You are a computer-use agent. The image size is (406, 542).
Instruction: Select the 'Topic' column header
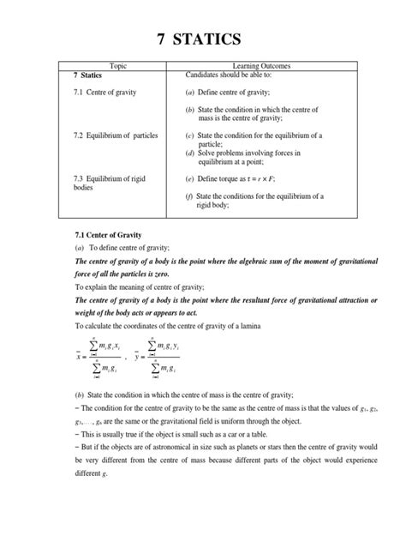(x=125, y=66)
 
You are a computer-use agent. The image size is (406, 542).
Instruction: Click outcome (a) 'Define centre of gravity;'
(x=245, y=92)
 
